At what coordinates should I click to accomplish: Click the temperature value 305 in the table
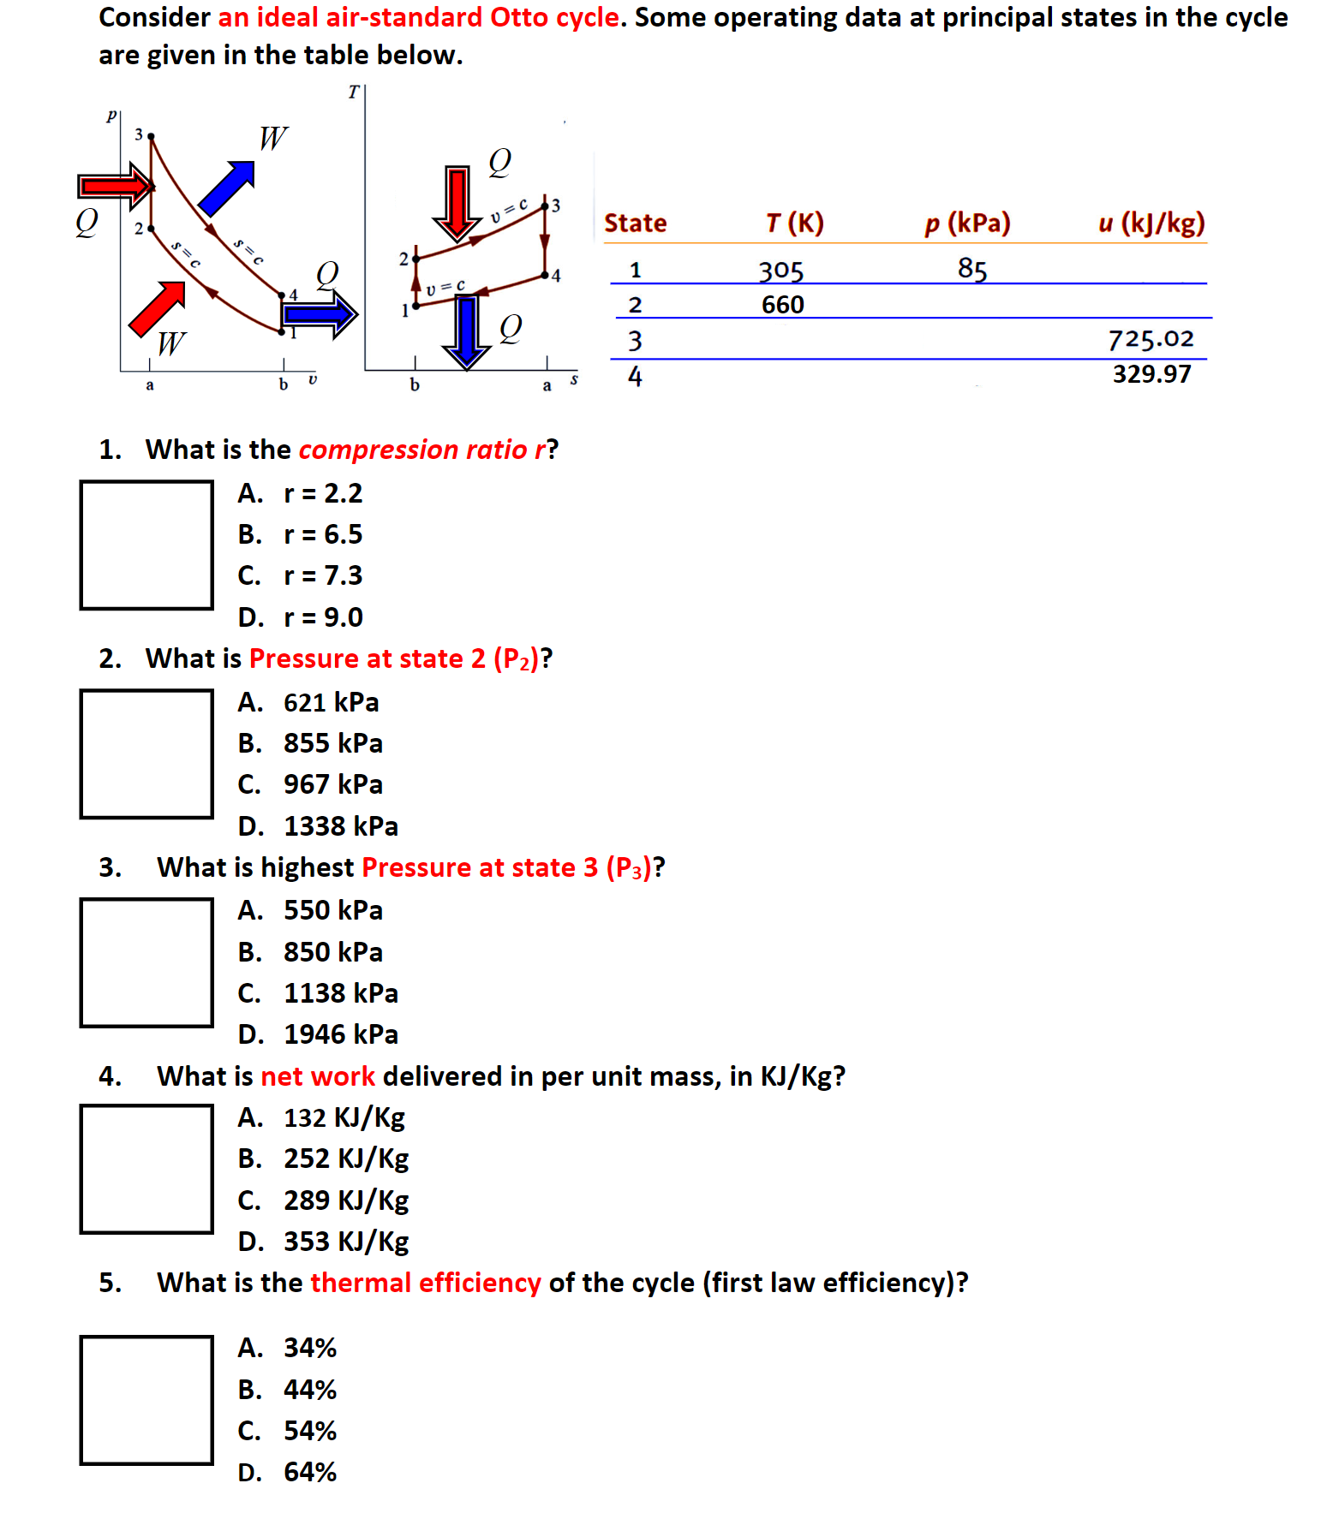[x=780, y=271]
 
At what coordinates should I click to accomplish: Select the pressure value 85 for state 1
[x=972, y=269]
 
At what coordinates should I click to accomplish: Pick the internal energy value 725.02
[x=1151, y=339]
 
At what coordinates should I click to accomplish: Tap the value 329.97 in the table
[x=1151, y=374]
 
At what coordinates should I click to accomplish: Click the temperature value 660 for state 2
[x=782, y=305]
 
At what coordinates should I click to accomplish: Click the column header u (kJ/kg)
[x=1151, y=223]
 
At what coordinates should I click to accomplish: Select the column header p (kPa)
[x=967, y=223]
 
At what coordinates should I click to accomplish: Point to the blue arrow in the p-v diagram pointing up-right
[x=227, y=188]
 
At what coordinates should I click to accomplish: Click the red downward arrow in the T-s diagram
[x=457, y=202]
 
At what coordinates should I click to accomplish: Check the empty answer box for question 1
[x=146, y=545]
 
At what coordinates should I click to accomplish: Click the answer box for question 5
[x=146, y=1400]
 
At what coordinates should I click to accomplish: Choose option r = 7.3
[x=322, y=575]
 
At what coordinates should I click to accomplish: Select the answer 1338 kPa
[x=340, y=826]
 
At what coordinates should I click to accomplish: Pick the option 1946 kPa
[x=340, y=1034]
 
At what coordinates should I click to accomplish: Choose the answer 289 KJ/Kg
[x=345, y=1200]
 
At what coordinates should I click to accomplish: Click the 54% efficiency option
[x=309, y=1431]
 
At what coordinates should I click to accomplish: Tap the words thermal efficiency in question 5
[x=425, y=1283]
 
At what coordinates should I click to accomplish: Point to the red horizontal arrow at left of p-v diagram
[x=115, y=186]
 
